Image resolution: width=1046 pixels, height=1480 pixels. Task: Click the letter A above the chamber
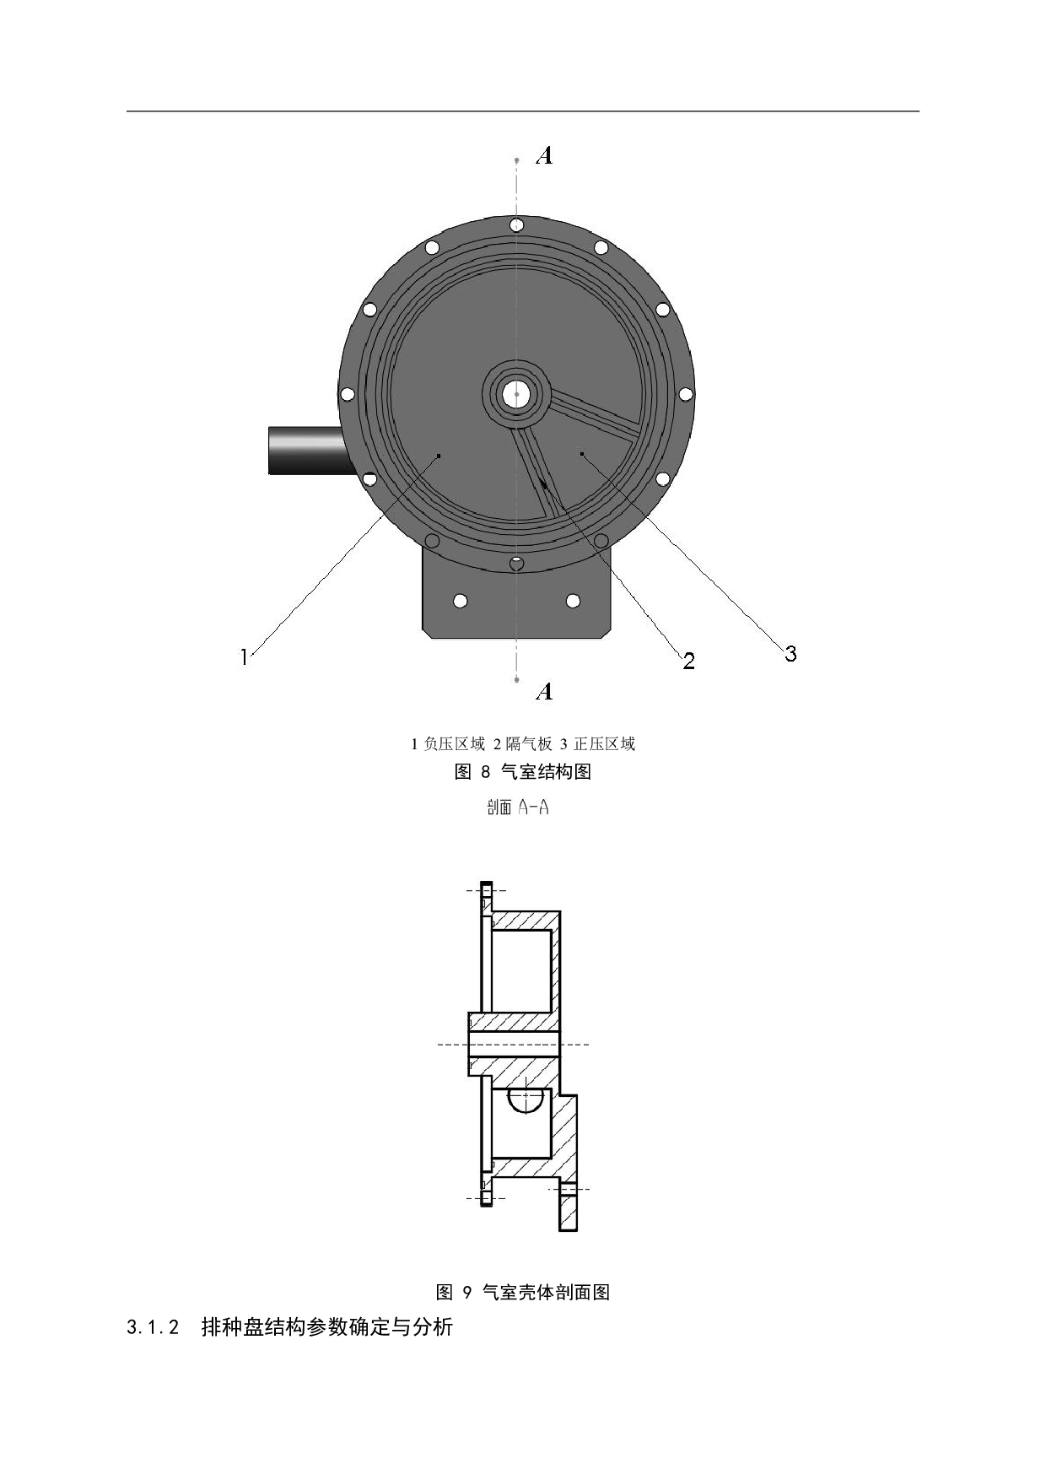(545, 155)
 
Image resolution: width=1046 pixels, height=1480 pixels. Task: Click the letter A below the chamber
(545, 692)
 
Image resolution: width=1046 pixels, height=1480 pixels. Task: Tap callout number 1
(245, 656)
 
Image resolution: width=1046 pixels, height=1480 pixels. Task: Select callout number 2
(688, 661)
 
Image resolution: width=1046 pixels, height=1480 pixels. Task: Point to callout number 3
(790, 653)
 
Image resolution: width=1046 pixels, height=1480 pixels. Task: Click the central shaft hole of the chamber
(516, 393)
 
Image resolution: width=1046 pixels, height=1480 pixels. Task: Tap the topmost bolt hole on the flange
(516, 225)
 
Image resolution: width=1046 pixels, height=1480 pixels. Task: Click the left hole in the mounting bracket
(460, 601)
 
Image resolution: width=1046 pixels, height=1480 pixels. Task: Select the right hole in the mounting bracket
(573, 601)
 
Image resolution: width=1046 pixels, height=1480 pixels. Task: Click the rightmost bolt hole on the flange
(685, 394)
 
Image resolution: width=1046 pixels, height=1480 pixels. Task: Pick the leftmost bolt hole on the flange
(347, 394)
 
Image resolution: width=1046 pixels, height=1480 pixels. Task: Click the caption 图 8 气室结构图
(523, 771)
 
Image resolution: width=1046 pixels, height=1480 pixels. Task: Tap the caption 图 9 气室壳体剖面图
(523, 1292)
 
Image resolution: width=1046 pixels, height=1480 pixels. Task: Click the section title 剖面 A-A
(518, 808)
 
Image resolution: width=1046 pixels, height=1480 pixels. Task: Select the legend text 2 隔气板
(523, 743)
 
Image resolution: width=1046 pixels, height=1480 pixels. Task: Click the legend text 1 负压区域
(448, 743)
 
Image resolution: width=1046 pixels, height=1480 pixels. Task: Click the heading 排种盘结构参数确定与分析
(327, 1327)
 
